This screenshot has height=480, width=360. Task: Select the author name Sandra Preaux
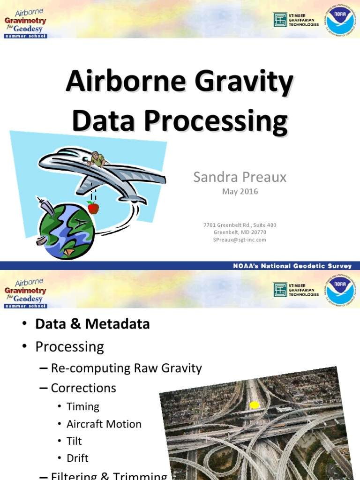[x=240, y=177]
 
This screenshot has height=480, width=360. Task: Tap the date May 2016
[x=240, y=192]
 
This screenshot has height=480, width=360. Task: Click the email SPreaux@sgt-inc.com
[x=240, y=240]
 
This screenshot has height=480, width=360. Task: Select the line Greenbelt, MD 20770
[x=240, y=232]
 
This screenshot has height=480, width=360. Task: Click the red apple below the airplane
[x=93, y=208]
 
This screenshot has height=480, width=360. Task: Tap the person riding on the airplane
[x=97, y=159]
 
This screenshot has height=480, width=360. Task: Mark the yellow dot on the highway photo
[x=254, y=405]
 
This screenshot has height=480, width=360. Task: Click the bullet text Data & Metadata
[x=92, y=324]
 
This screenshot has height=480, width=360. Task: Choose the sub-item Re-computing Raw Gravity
[x=126, y=368]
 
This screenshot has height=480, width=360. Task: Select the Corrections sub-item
[x=83, y=388]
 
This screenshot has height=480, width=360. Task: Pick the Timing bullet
[x=83, y=407]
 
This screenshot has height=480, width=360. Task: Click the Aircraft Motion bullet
[x=104, y=424]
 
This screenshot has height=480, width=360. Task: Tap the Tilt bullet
[x=74, y=441]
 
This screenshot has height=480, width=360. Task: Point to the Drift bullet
[x=77, y=458]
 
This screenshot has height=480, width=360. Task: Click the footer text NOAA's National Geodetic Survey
[x=292, y=266]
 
